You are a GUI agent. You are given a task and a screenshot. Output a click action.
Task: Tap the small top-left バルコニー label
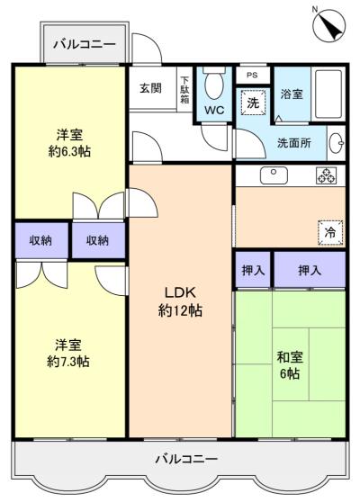coord(82,43)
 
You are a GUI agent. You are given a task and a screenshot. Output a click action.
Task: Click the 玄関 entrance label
coord(151,89)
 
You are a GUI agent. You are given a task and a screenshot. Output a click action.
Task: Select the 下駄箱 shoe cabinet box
coord(184,89)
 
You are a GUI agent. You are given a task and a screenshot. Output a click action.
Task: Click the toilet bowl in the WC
coord(214,85)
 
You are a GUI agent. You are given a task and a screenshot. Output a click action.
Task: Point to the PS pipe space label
coord(252,76)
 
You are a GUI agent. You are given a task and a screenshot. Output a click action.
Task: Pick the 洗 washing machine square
coord(253,103)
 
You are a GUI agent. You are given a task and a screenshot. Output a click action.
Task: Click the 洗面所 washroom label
coord(294,141)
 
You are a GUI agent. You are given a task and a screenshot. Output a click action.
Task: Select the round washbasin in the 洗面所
coord(337,142)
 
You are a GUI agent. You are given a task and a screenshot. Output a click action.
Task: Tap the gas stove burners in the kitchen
coord(325,176)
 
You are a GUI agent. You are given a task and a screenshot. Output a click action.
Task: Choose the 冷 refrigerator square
coord(329,231)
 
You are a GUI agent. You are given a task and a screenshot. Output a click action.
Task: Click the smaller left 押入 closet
coord(253,270)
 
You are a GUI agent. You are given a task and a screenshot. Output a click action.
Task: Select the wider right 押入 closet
coord(310,270)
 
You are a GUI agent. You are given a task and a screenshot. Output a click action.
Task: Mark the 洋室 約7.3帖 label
coord(67,353)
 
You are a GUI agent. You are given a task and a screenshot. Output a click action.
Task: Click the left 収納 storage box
coord(40,240)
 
